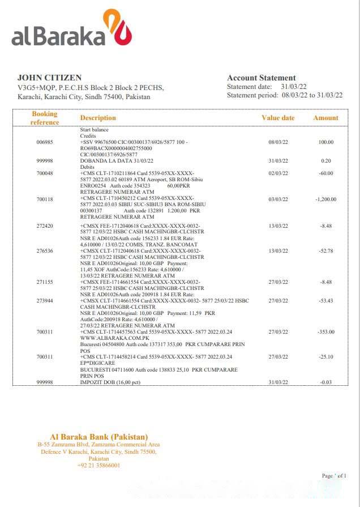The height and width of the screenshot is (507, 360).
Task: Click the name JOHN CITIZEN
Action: (49, 78)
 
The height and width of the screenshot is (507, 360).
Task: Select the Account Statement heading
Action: (261, 78)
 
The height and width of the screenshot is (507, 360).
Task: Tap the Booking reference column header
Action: (45, 118)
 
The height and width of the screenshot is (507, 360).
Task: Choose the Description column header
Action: (98, 118)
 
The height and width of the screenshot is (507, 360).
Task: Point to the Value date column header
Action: (278, 118)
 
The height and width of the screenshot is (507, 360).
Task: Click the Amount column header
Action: (325, 118)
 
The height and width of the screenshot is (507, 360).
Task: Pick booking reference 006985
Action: (45, 142)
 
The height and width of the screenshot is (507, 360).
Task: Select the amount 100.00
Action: (325, 142)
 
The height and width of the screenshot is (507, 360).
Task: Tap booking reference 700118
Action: (45, 199)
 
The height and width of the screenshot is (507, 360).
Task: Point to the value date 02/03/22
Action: (278, 173)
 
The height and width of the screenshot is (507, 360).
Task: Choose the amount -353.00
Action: (325, 332)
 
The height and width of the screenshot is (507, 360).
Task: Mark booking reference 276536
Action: (45, 251)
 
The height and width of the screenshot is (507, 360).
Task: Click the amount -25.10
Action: (325, 357)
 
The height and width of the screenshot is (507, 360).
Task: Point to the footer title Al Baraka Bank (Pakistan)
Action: (98, 436)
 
